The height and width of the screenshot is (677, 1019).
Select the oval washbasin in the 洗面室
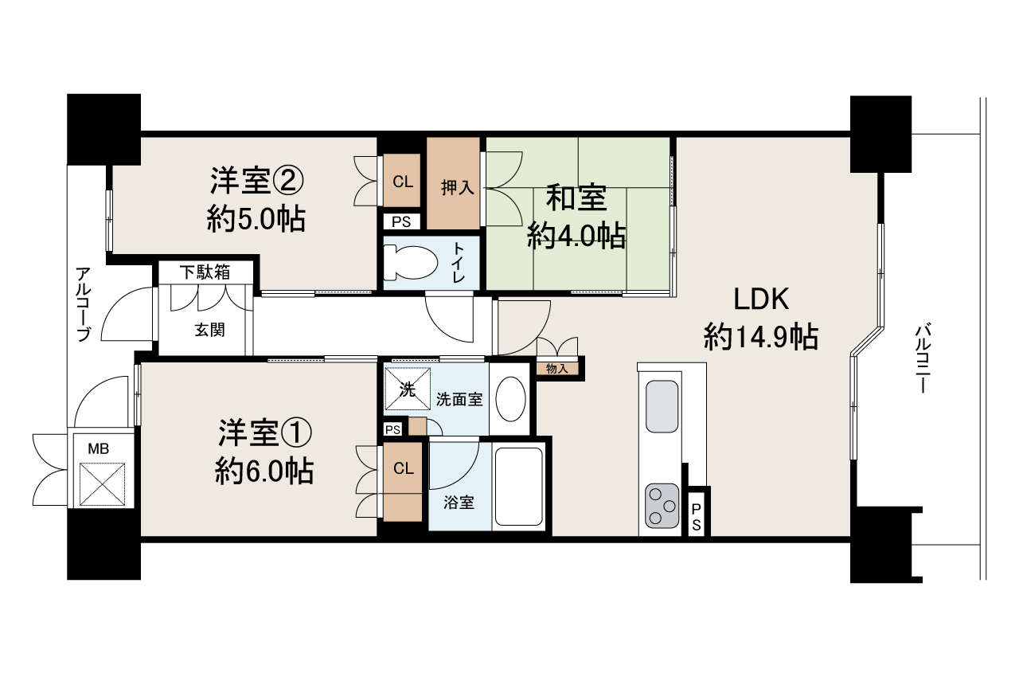pyautogui.click(x=510, y=399)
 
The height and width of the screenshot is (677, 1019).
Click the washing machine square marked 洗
pyautogui.click(x=407, y=389)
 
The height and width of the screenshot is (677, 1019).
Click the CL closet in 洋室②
pyautogui.click(x=403, y=182)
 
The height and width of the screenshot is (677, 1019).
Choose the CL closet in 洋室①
pyautogui.click(x=403, y=469)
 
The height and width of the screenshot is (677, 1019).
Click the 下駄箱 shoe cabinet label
pyautogui.click(x=204, y=272)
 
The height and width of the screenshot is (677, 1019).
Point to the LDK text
pyautogui.click(x=760, y=300)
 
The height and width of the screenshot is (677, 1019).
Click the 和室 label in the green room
pyautogui.click(x=576, y=198)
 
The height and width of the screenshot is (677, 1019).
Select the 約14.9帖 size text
pyautogui.click(x=760, y=338)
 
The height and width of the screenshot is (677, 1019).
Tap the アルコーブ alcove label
pyautogui.click(x=84, y=303)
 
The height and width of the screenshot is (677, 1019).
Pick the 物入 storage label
pyautogui.click(x=557, y=368)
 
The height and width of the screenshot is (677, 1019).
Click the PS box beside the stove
pyautogui.click(x=697, y=516)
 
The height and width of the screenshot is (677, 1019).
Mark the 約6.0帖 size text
pyautogui.click(x=264, y=472)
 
